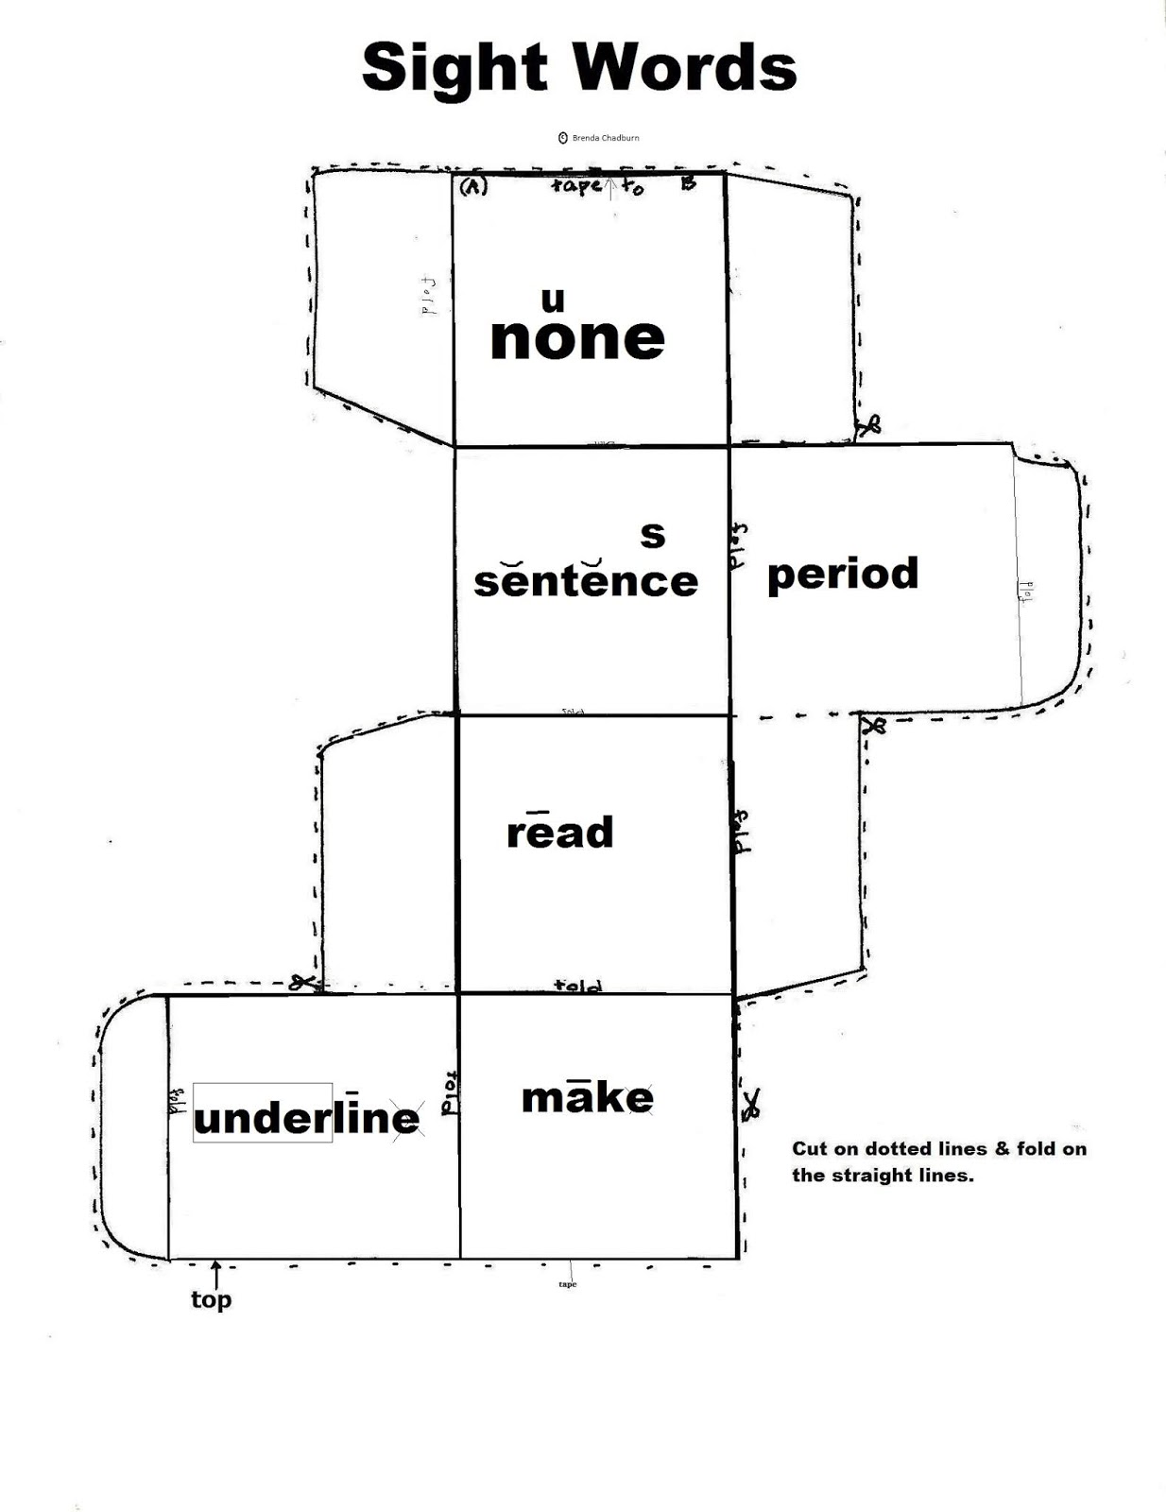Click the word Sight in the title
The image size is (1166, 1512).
pos(454,68)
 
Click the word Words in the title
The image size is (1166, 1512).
pos(688,68)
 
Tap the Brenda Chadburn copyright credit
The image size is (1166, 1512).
pos(600,138)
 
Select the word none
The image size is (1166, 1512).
pos(577,338)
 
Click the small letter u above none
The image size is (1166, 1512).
pos(553,300)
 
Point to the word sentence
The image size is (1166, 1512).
pos(586,579)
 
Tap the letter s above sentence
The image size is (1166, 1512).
pos(653,534)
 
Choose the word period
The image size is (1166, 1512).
pos(843,574)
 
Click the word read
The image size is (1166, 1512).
pos(560,832)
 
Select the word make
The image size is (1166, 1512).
pos(587,1097)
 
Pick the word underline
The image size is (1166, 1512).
pos(306,1117)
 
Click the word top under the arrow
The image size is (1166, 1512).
pos(211,1299)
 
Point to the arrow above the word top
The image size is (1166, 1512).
pos(215,1271)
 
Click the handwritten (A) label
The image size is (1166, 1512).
pos(472,187)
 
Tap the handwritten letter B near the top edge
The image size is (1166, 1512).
pos(688,183)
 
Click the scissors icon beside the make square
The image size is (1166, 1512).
pos(751,1104)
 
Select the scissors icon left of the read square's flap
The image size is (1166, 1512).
pos(302,983)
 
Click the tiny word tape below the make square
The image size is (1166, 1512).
pos(567,1284)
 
